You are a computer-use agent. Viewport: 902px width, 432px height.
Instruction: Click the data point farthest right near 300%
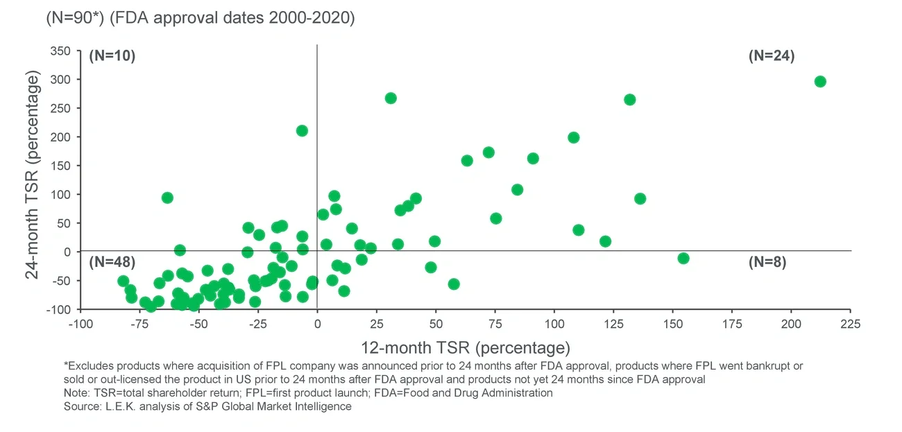pyautogui.click(x=820, y=81)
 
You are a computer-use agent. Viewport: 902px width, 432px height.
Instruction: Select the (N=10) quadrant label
pyautogui.click(x=112, y=56)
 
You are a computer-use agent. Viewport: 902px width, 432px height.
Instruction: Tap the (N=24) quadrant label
pyautogui.click(x=771, y=56)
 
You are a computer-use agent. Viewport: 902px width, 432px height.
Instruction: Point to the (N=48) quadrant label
pyautogui.click(x=112, y=261)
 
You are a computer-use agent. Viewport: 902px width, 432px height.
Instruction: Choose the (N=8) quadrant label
pyautogui.click(x=767, y=262)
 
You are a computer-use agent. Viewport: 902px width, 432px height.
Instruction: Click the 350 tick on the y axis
pyautogui.click(x=61, y=51)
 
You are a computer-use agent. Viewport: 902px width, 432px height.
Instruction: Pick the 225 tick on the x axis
pyautogui.click(x=851, y=324)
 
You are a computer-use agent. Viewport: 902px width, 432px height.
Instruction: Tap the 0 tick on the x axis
pyautogui.click(x=317, y=324)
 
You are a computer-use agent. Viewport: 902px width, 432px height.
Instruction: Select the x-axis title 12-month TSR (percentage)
pyautogui.click(x=465, y=346)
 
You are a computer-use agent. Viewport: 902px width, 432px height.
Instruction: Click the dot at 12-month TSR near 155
pyautogui.click(x=683, y=258)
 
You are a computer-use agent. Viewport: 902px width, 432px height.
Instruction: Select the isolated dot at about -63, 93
pyautogui.click(x=167, y=198)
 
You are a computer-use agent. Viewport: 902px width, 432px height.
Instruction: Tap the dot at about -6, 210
pyautogui.click(x=302, y=130)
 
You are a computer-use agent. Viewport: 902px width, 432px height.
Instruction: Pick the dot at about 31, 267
pyautogui.click(x=391, y=98)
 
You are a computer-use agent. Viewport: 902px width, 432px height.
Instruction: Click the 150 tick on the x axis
pyautogui.click(x=672, y=324)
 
